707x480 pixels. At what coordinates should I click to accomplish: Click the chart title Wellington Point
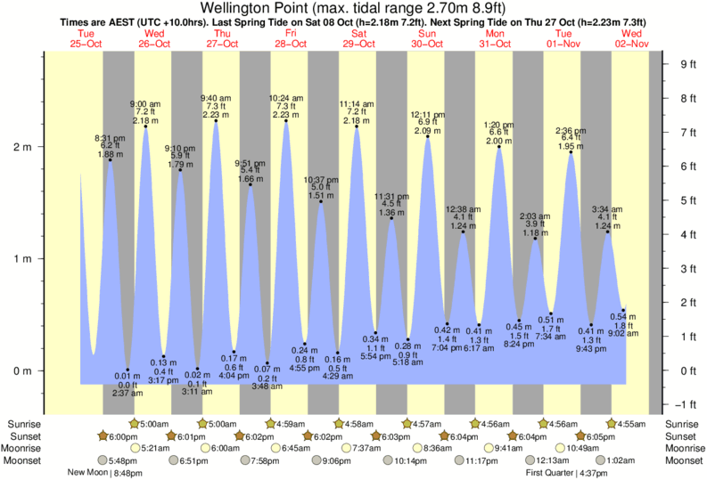pyautogui.click(x=353, y=8)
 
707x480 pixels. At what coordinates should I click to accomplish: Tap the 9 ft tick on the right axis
pyautogui.click(x=687, y=64)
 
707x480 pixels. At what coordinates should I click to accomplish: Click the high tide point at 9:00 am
pyautogui.click(x=146, y=126)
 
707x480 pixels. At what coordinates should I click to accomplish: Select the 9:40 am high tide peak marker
pyautogui.click(x=216, y=121)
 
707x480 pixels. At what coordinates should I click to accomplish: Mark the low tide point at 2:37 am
pyautogui.click(x=128, y=370)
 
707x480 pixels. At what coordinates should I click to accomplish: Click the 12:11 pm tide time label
pyautogui.click(x=427, y=115)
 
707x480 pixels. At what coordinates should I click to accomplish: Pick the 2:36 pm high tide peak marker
pyautogui.click(x=571, y=152)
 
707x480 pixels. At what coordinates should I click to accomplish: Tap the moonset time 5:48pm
pyautogui.click(x=121, y=460)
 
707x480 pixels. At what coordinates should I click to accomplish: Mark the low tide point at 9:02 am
pyautogui.click(x=623, y=310)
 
